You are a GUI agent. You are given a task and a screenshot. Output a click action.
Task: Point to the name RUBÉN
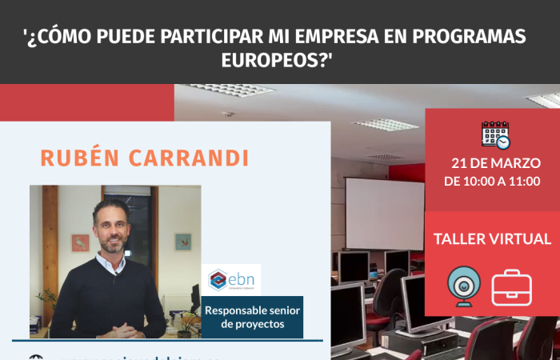80,158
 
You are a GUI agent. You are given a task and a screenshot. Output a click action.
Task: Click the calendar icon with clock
495,134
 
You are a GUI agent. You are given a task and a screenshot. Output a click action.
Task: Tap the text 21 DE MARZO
492,162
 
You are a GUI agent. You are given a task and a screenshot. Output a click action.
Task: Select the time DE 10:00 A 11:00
492,181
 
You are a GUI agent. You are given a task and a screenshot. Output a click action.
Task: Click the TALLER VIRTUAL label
492,239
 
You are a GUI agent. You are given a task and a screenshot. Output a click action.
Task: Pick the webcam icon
462,286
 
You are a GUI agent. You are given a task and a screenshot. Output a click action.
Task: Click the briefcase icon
511,287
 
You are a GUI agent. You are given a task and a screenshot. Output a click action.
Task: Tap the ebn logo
231,279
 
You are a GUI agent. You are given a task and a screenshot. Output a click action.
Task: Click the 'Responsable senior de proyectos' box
252,317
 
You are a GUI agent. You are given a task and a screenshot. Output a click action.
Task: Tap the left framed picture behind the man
80,242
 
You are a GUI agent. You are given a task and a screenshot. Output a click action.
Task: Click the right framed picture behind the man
183,241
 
